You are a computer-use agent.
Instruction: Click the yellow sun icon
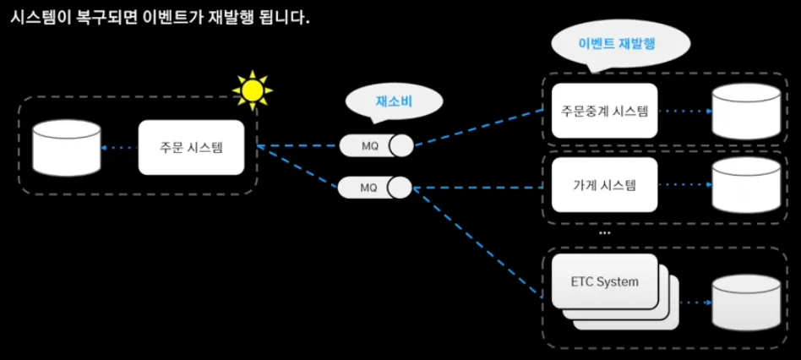click(x=252, y=90)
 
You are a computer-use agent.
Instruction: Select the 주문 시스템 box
click(x=197, y=147)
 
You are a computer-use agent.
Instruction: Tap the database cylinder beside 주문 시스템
click(x=67, y=149)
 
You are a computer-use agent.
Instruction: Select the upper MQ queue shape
click(x=376, y=146)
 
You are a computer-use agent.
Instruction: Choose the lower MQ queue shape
click(x=375, y=187)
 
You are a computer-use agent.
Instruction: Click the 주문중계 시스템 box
click(x=603, y=111)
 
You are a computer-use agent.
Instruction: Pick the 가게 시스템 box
click(x=603, y=185)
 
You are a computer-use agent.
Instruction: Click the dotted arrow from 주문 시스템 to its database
click(x=118, y=148)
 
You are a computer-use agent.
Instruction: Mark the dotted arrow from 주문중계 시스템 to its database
click(x=683, y=111)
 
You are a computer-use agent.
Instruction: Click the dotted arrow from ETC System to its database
click(x=692, y=303)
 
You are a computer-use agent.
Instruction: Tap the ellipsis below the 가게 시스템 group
click(x=604, y=232)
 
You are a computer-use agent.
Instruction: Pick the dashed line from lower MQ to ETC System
click(x=477, y=242)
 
